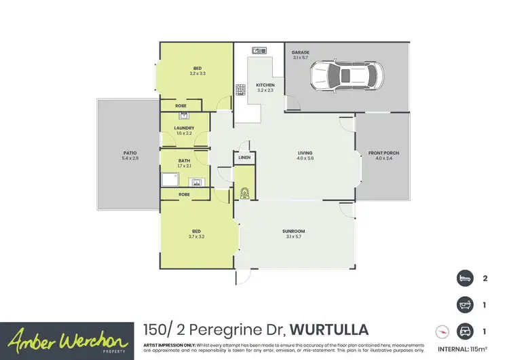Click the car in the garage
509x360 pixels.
pos(346,76)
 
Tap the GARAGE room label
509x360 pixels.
pos(300,52)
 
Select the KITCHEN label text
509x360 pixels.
pos(265,86)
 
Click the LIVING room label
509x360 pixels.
pos(305,154)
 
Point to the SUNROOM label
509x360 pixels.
pos(293,232)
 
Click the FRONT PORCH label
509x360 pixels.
pos(383,154)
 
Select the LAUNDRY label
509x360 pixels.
pos(184,128)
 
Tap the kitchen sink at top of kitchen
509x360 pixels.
pos(259,50)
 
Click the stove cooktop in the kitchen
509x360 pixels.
pos(240,89)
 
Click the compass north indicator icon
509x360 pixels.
pos(442,331)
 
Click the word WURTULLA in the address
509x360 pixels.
pos(329,330)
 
